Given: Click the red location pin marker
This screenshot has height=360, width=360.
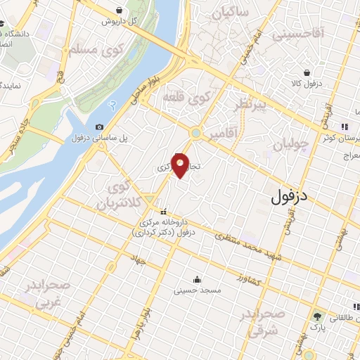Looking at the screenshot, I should (x=181, y=165).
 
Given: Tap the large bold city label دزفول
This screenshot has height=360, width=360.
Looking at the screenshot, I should (x=289, y=197).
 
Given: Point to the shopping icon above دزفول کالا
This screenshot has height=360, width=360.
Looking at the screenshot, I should (x=307, y=72).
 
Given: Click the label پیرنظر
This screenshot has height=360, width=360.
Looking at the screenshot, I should (x=251, y=105).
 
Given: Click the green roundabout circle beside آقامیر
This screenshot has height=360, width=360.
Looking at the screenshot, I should (x=195, y=132).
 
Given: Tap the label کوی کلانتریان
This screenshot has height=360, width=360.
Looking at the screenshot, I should (x=116, y=197).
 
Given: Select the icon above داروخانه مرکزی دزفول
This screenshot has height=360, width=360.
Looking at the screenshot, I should (x=163, y=212).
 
